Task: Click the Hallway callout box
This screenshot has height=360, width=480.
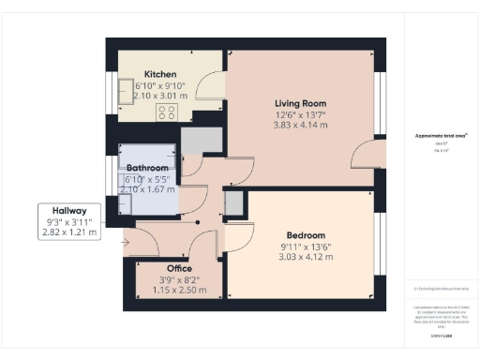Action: click(x=69, y=222)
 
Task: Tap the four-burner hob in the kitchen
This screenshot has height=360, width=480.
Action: click(x=168, y=112)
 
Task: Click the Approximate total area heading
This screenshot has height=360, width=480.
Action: click(x=442, y=135)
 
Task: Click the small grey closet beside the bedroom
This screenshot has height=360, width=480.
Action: click(x=232, y=202)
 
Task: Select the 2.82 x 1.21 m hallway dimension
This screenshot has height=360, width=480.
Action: click(x=69, y=232)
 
